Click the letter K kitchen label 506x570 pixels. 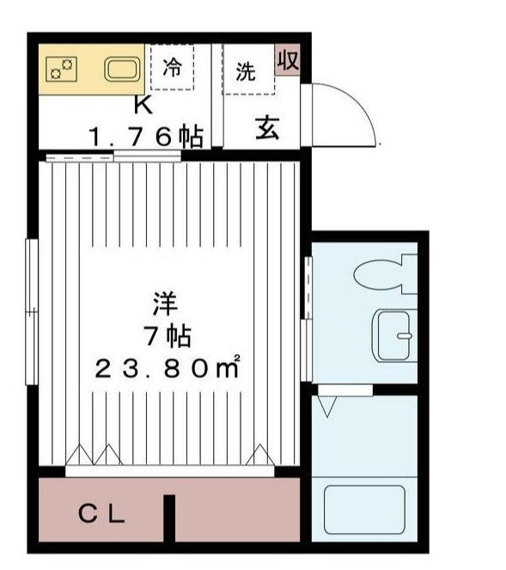[x=143, y=106]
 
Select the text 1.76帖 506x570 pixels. [x=146, y=134]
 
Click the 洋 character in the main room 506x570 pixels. [x=166, y=303]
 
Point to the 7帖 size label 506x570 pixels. [x=167, y=335]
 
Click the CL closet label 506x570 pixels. [x=103, y=515]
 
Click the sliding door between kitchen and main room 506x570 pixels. [x=112, y=156]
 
